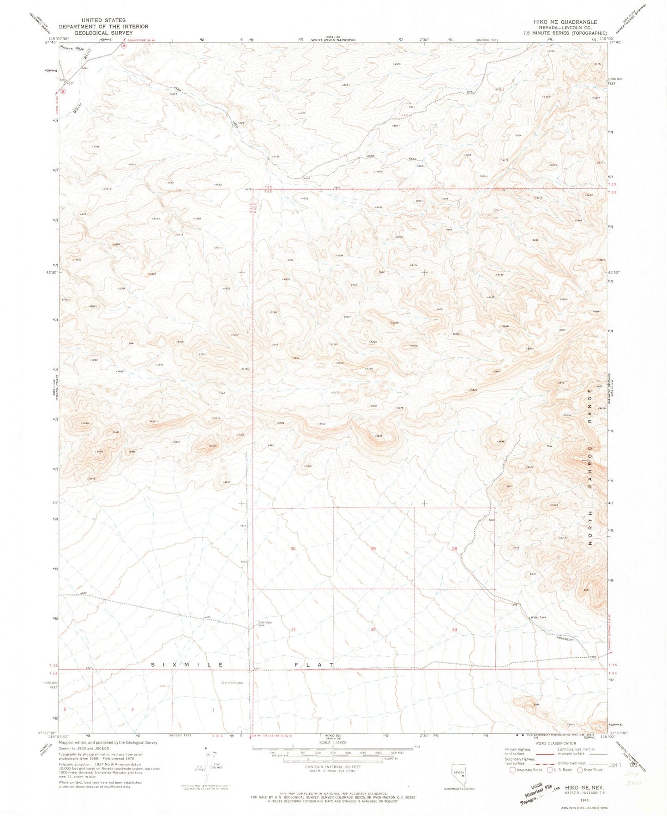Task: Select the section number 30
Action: click(x=293, y=548)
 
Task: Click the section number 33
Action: click(x=454, y=630)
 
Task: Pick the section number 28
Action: click(x=454, y=548)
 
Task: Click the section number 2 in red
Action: click(x=132, y=709)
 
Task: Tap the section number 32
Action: click(x=373, y=630)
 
